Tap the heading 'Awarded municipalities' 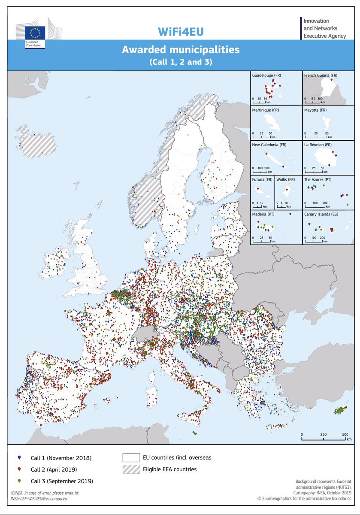[180, 50]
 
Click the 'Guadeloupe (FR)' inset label [267, 76]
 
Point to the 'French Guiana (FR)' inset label [321, 76]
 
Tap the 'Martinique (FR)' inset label [266, 110]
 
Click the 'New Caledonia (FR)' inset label [269, 145]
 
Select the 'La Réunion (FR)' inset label [318, 145]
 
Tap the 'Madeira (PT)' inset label [263, 214]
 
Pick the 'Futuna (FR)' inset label [262, 180]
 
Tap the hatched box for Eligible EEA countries [131, 469]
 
